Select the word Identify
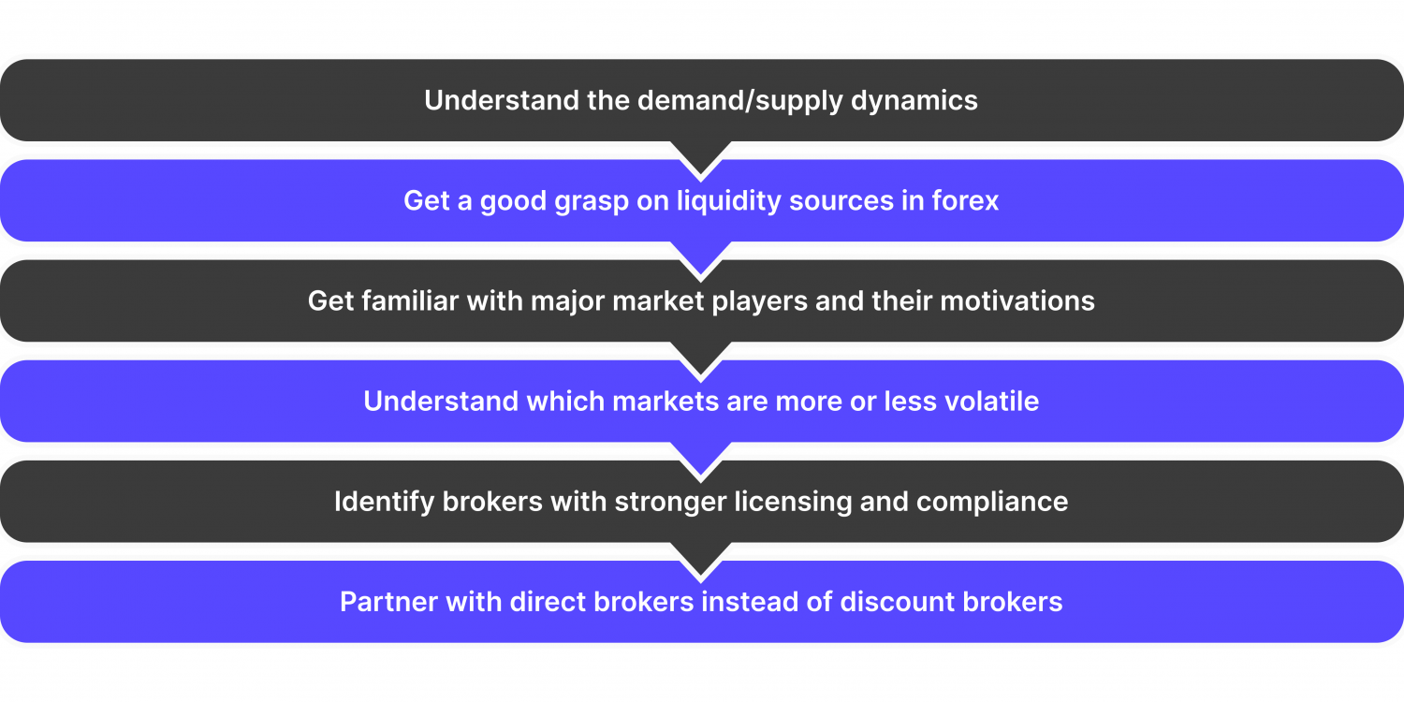[x=384, y=502]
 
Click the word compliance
[x=992, y=502]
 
